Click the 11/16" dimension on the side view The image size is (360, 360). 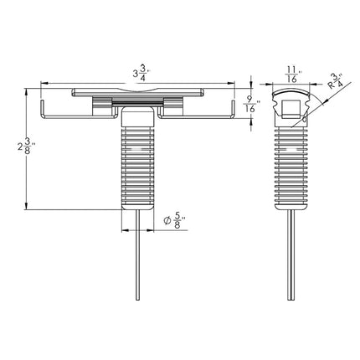tap(290, 75)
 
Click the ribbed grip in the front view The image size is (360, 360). tap(138, 164)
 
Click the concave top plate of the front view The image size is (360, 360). tap(138, 91)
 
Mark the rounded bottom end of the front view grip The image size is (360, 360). tap(138, 203)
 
